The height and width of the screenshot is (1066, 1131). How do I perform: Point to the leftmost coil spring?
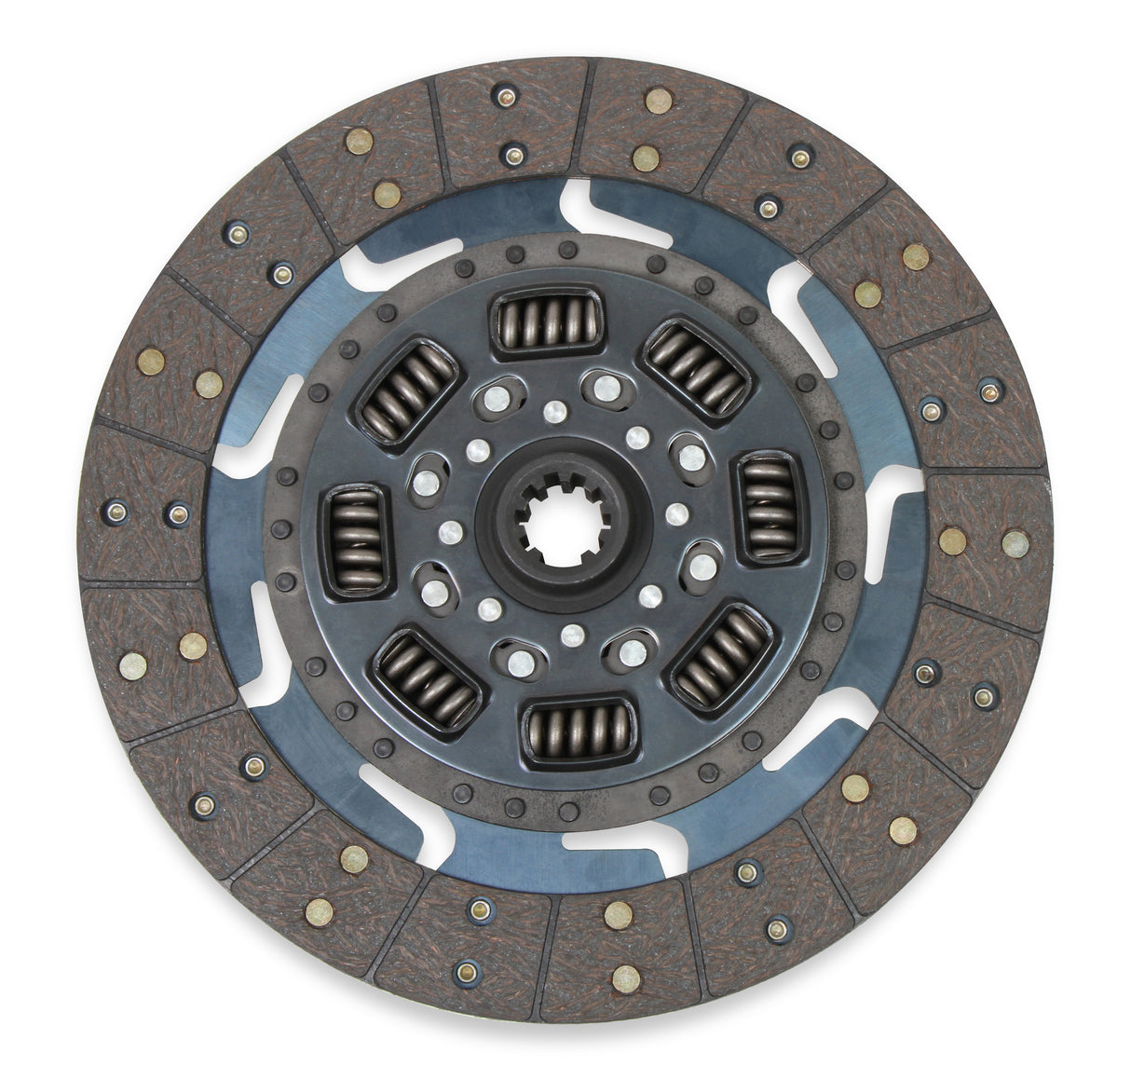[x=357, y=540]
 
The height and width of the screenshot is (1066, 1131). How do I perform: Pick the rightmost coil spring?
[x=770, y=509]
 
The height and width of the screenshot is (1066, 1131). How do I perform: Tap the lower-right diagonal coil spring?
[x=721, y=656]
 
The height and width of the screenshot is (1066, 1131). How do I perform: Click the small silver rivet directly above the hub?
[x=555, y=411]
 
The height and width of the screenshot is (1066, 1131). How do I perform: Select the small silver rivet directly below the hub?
[x=573, y=635]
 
